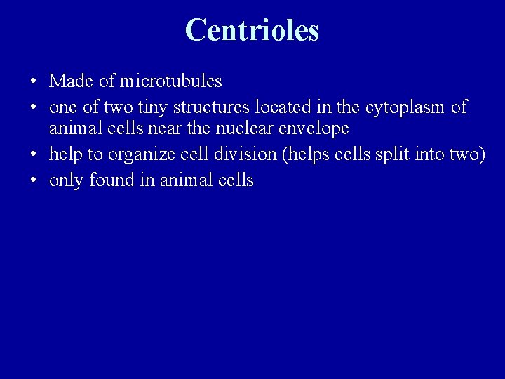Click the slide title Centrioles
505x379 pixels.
252,30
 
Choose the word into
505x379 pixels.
428,155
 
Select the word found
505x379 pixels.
104,180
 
